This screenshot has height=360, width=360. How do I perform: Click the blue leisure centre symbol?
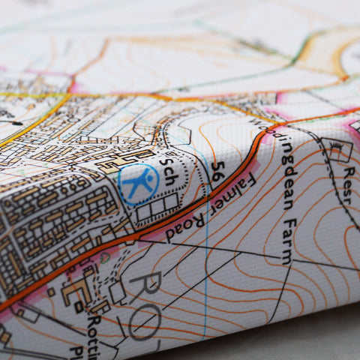138,184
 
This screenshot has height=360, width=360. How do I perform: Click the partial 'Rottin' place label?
95,330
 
